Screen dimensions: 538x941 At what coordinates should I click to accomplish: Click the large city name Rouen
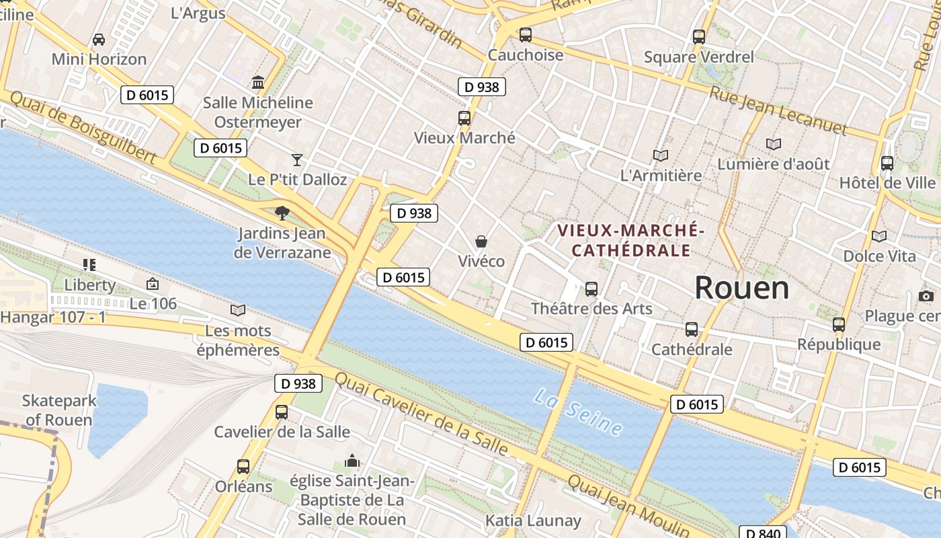[x=741, y=288]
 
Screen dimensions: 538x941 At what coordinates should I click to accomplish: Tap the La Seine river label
[x=578, y=412]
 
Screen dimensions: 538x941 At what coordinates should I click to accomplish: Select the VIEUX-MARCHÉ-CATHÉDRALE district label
[x=630, y=241]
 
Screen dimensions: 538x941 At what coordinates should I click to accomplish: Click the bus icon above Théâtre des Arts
[x=591, y=289]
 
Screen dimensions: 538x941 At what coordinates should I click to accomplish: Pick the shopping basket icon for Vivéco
[x=481, y=241]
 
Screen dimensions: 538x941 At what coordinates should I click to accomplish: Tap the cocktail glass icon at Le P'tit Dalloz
[x=297, y=160]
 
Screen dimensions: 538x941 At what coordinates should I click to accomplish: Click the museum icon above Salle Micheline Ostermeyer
[x=257, y=83]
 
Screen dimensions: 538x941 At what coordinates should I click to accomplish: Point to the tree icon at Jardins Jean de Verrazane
[x=282, y=213]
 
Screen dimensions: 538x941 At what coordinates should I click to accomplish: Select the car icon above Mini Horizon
[x=99, y=40]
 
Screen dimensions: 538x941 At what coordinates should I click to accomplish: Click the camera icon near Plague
[x=926, y=297]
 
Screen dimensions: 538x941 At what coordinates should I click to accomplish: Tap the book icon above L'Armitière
[x=661, y=156]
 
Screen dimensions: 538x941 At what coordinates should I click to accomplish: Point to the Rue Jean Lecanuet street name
[x=778, y=110]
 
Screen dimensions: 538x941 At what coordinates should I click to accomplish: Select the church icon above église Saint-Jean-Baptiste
[x=352, y=461]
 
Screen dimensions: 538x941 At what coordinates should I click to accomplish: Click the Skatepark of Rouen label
[x=59, y=410]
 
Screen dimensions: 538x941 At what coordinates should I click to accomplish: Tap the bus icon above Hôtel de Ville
[x=887, y=163]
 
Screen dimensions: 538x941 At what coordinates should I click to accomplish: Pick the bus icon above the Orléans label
[x=243, y=467]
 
